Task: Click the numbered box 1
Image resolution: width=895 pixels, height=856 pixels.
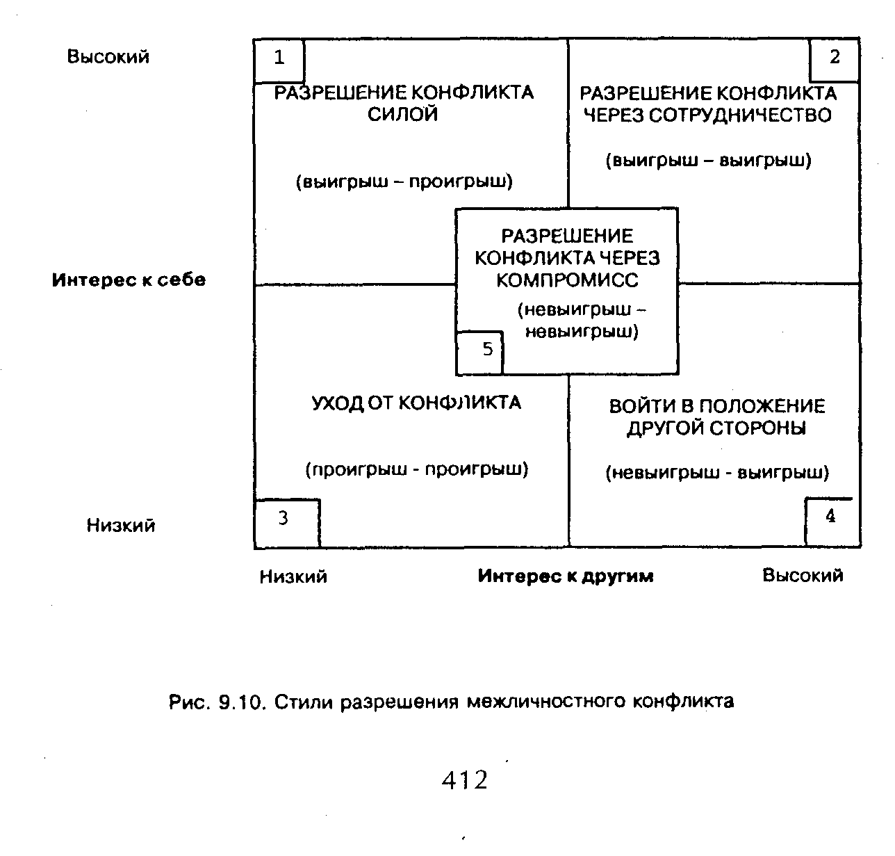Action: (x=279, y=60)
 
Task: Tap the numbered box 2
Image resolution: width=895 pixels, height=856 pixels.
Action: (x=835, y=59)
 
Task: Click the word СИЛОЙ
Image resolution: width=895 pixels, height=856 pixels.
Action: (x=403, y=115)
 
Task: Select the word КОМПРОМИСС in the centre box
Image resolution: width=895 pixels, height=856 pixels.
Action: (x=566, y=280)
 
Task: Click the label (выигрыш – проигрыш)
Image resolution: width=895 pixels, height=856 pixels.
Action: (x=404, y=182)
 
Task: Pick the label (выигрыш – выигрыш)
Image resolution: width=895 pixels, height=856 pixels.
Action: (x=709, y=161)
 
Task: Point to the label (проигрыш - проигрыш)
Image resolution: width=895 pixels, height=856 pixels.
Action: (x=417, y=469)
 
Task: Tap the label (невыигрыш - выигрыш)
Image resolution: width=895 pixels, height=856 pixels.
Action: (x=717, y=473)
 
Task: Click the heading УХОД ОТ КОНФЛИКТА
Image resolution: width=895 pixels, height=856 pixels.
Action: (x=416, y=403)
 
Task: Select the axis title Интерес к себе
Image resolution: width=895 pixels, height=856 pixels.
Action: (x=129, y=280)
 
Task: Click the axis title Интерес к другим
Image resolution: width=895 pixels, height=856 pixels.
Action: (x=566, y=576)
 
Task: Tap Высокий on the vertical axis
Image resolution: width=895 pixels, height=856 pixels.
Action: (x=108, y=56)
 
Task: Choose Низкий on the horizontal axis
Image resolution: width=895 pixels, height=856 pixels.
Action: (x=293, y=576)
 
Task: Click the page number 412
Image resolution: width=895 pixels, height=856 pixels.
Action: (x=464, y=780)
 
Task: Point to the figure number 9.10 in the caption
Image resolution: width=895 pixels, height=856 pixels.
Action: (x=238, y=702)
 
